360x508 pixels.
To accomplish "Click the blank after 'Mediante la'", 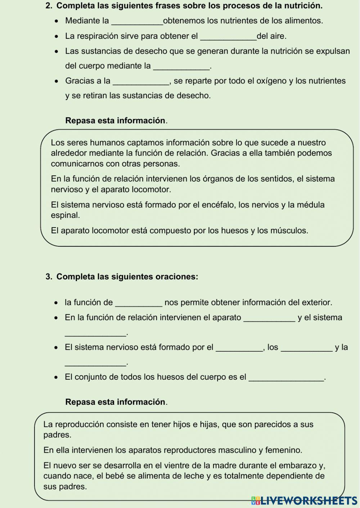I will click(138, 22).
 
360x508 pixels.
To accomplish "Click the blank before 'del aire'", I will click(228, 37).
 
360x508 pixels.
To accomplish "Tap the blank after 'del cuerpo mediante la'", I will click(181, 67).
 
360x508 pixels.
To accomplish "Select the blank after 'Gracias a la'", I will click(141, 82).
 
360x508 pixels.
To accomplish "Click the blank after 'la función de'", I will click(139, 303).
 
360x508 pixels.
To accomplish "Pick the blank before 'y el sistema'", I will click(269, 318).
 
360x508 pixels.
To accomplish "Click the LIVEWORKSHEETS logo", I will click(304, 500).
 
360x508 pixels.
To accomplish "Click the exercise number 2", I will click(49, 6).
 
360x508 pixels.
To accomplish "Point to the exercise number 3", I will click(49, 277).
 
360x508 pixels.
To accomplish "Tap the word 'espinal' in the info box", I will click(65, 216).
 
